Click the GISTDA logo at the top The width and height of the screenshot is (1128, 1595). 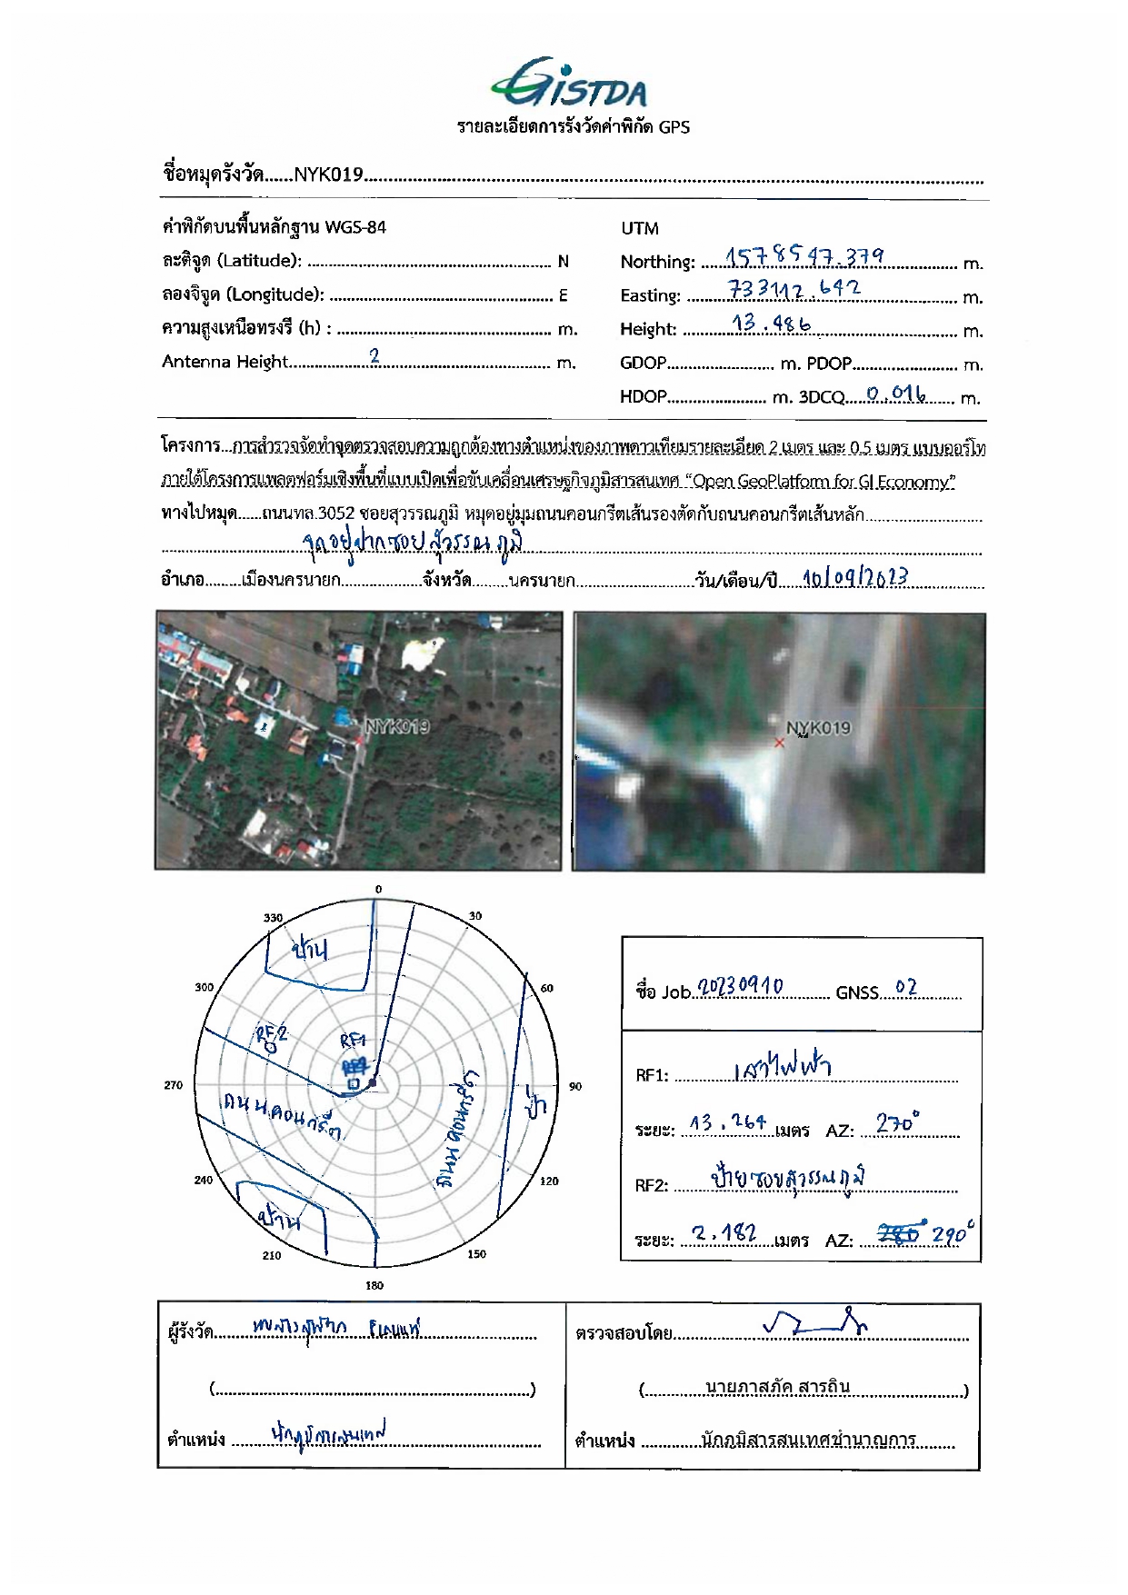(570, 84)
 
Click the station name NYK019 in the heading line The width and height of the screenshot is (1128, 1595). (328, 174)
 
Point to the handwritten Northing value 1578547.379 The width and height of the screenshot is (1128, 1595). (804, 256)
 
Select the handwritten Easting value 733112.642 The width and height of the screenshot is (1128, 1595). (794, 289)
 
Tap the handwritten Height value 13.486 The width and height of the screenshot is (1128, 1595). (771, 323)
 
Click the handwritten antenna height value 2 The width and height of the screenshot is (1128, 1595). (374, 356)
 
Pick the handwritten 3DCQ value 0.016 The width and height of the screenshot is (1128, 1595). (895, 394)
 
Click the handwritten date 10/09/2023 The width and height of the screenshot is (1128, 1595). (854, 578)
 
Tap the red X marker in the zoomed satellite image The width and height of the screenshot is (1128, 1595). (779, 743)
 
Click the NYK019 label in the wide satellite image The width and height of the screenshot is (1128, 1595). (397, 726)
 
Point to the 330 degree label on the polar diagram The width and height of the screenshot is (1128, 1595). (273, 918)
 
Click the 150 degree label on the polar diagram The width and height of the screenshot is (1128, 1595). (476, 1254)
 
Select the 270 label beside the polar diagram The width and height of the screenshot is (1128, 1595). (173, 1085)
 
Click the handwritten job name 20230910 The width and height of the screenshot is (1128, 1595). (740, 987)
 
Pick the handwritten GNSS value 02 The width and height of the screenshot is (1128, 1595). (906, 987)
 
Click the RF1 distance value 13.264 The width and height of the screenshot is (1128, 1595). (727, 1123)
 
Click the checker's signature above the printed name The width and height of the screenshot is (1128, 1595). (814, 1324)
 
